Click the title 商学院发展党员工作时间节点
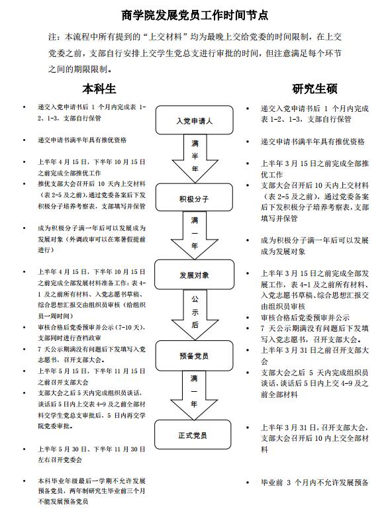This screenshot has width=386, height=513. (x=195, y=15)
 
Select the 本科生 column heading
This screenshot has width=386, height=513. (x=99, y=89)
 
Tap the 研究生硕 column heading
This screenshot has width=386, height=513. (x=314, y=89)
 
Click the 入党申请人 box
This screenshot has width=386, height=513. (x=194, y=120)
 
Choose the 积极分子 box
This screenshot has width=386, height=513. (x=194, y=197)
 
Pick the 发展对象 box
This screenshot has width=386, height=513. (x=194, y=274)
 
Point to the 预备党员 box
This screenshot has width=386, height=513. (x=194, y=355)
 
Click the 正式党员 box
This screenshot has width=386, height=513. (x=193, y=434)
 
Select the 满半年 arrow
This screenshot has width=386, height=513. (x=195, y=159)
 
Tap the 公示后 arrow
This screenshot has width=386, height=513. (x=195, y=314)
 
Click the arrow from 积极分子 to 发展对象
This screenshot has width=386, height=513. (x=195, y=236)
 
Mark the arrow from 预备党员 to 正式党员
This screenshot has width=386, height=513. (x=194, y=395)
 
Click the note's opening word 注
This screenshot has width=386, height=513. (x=52, y=37)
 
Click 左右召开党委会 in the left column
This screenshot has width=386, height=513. (x=60, y=459)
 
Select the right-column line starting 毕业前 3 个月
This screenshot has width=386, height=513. (x=314, y=483)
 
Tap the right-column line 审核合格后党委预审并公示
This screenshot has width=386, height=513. (x=305, y=317)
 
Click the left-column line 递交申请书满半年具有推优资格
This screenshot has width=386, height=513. (x=82, y=140)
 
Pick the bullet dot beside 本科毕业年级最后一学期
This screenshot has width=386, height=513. (x=24, y=481)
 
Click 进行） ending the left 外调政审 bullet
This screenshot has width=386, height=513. (x=46, y=250)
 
